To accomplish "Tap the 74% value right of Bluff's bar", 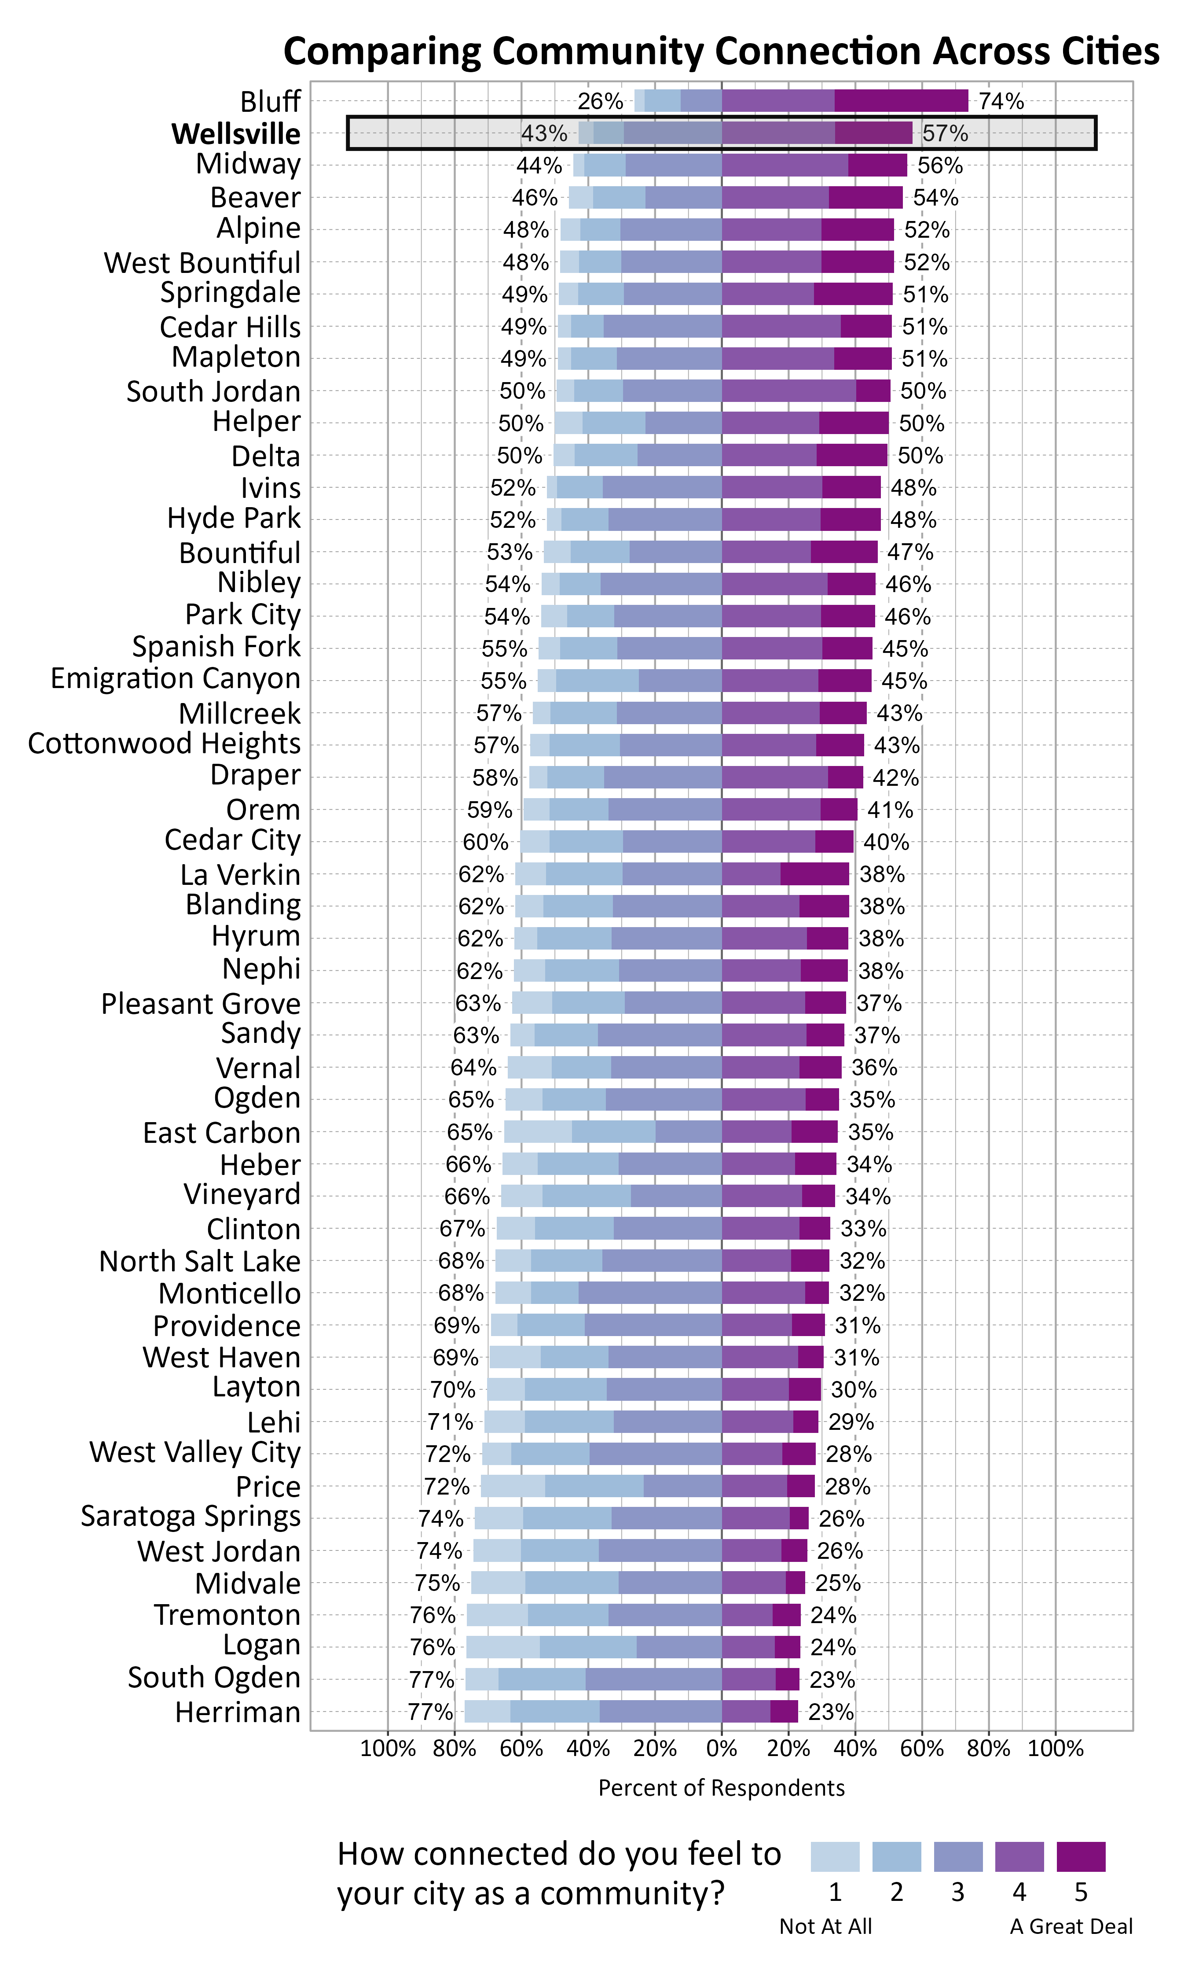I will [1001, 101].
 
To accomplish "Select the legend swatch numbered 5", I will [1081, 1856].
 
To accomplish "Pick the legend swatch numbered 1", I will [835, 1856].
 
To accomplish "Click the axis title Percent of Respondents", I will [721, 1788].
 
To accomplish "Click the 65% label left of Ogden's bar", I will [471, 1099].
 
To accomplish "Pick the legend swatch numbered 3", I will [958, 1856].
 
